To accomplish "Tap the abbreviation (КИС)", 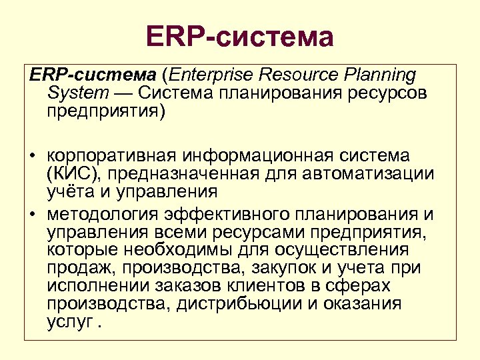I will coord(67,174).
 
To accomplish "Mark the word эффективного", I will coord(227,214).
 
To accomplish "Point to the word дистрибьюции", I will coord(247,305).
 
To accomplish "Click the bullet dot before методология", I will coord(31,215).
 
